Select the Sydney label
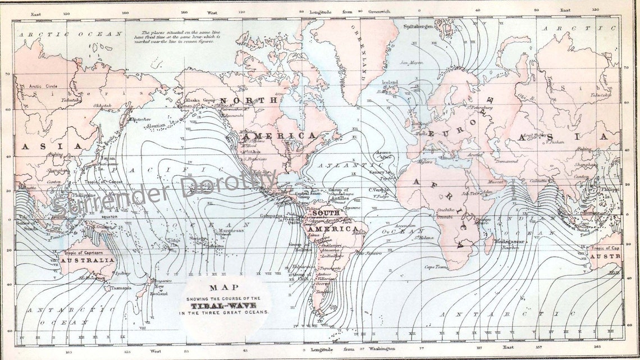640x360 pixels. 123,274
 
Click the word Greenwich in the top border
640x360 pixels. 384,11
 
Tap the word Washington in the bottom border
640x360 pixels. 384,349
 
